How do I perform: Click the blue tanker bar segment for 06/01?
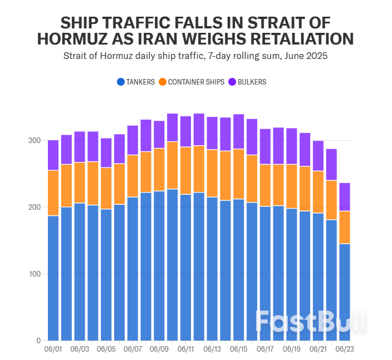coord(53,278)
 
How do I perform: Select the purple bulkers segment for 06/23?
coord(345,197)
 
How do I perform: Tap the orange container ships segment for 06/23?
coord(345,228)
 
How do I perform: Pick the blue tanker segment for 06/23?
coord(345,292)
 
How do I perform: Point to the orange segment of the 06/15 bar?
coord(239,174)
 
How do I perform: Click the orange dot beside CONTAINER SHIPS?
coord(163,82)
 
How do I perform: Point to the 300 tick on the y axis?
coord(35,140)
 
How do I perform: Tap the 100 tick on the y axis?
coord(35,274)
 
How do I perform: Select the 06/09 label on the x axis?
coord(159,349)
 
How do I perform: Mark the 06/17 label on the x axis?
coord(266,349)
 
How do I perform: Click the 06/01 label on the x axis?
coord(53,349)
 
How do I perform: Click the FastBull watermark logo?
coord(311,321)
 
